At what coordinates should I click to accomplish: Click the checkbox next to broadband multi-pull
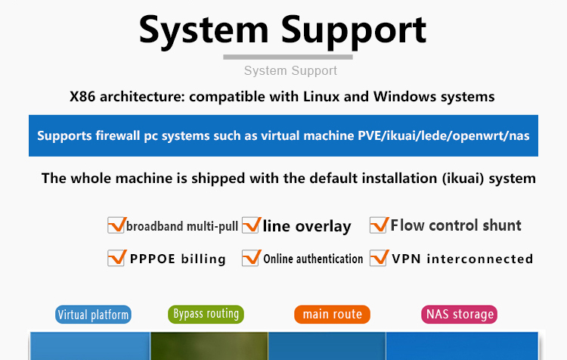(116, 225)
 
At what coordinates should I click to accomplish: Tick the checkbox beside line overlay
(251, 225)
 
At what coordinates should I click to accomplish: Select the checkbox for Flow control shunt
(379, 225)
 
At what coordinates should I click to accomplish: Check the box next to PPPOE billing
(116, 258)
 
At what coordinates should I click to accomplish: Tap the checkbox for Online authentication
(251, 258)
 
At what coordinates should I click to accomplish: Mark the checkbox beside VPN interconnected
(379, 258)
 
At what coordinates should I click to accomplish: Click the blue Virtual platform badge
(93, 315)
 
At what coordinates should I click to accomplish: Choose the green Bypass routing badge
(206, 314)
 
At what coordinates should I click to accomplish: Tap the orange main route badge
(333, 314)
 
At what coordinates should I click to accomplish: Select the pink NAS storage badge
(460, 314)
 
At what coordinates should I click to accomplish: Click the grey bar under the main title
(288, 57)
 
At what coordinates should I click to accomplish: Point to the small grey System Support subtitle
(290, 70)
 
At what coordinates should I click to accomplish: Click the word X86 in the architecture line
(82, 97)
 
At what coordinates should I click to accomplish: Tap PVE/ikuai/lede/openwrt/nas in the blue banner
(444, 135)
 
